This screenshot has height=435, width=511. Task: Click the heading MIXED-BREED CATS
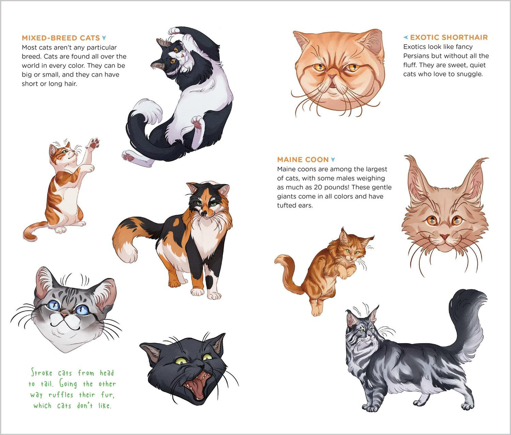click(60, 38)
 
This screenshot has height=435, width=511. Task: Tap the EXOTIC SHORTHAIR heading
click(449, 37)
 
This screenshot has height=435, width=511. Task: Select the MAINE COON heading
click(303, 159)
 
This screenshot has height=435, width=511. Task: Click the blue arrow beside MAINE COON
click(333, 160)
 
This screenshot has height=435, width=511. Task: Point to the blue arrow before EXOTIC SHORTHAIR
click(406, 37)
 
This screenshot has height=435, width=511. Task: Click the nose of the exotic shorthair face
click(332, 76)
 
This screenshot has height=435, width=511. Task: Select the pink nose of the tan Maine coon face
click(445, 236)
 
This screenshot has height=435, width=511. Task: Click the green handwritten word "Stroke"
click(42, 373)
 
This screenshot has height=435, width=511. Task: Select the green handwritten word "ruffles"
click(61, 395)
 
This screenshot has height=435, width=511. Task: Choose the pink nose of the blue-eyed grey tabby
click(65, 314)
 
